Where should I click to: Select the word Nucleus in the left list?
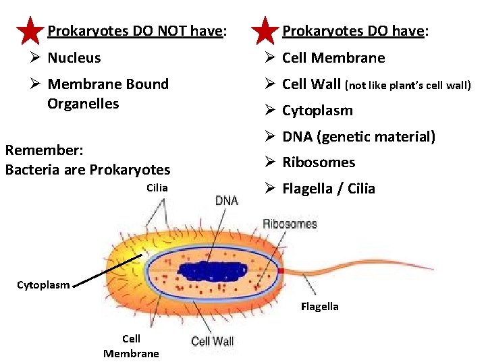point(74,58)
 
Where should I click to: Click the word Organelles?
point(83,104)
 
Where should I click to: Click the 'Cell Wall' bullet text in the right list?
point(312,84)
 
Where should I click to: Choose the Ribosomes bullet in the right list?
point(319,162)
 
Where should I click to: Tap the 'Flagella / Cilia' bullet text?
point(328,189)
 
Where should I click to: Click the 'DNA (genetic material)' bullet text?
point(358,137)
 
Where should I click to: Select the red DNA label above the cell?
point(226,200)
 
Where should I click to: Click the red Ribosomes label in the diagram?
point(290,224)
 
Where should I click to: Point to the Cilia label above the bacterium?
point(157,187)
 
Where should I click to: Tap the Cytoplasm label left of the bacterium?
point(44,285)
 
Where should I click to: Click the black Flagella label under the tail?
point(320,307)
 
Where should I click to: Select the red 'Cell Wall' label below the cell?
point(213,341)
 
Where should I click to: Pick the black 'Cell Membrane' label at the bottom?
point(131,346)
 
